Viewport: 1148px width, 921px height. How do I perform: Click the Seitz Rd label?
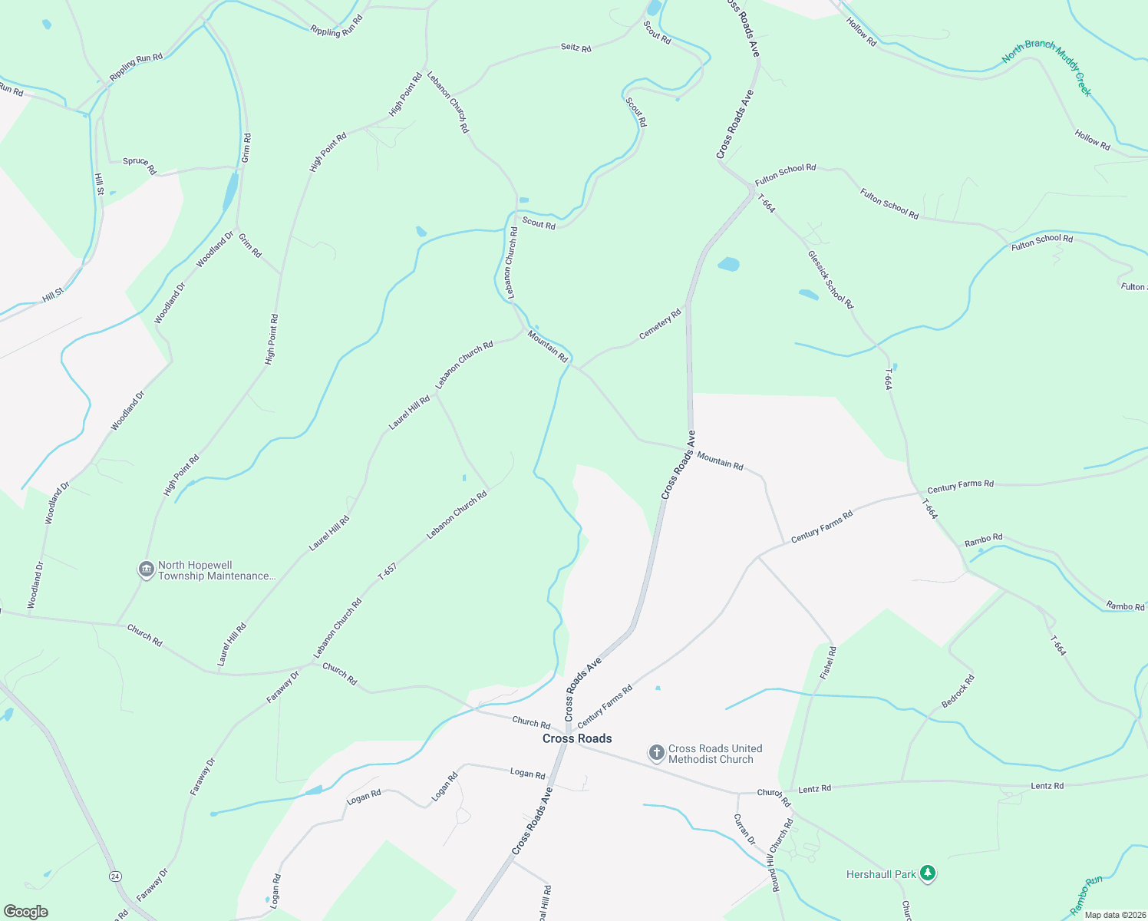coord(576,48)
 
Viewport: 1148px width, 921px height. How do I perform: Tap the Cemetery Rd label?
coord(660,325)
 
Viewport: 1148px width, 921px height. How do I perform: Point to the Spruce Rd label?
coord(140,165)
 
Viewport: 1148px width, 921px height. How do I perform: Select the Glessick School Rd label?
coord(830,279)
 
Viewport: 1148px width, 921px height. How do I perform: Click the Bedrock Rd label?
coord(958,692)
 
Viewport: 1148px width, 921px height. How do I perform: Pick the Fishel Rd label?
coord(827,662)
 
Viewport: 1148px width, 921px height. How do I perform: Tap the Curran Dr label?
coord(744,830)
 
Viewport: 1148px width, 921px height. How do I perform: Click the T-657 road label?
coord(388,571)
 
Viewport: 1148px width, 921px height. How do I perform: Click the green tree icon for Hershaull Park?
coord(928,873)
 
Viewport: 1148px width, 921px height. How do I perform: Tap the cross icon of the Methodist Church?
coord(656,753)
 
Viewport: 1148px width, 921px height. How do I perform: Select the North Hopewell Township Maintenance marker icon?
coord(146,569)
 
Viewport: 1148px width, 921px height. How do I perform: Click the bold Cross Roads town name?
coord(577,738)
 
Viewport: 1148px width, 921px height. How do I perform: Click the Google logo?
coord(25,912)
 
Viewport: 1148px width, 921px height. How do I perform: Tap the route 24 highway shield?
coord(115,876)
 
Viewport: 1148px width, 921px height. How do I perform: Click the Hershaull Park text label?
coord(881,874)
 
